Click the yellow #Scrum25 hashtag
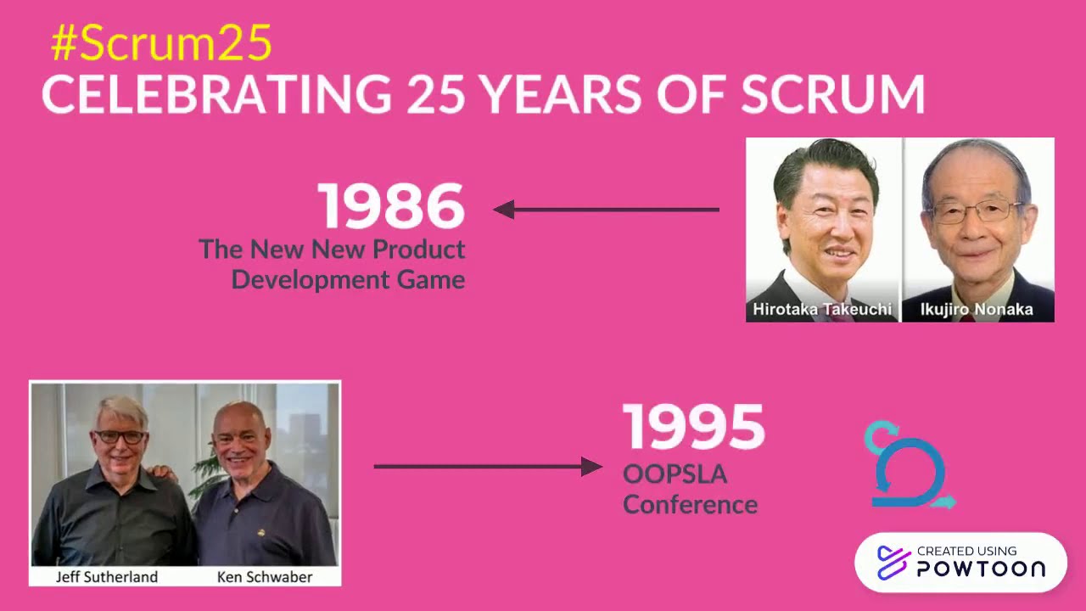(x=161, y=43)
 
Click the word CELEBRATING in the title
(x=216, y=94)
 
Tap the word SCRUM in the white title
(x=832, y=94)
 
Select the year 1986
(x=391, y=206)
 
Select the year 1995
(x=693, y=427)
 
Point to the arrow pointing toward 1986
(x=606, y=210)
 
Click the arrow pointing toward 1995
(x=488, y=466)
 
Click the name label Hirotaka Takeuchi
(x=822, y=309)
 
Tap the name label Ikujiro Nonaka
(x=977, y=309)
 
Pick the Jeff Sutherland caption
(x=107, y=577)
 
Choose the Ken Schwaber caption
(x=265, y=577)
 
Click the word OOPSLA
(x=675, y=474)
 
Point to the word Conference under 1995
(x=690, y=504)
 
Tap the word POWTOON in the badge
(x=981, y=569)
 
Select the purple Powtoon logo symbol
(x=893, y=563)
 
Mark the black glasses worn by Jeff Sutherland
(x=120, y=437)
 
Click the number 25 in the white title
(x=435, y=94)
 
